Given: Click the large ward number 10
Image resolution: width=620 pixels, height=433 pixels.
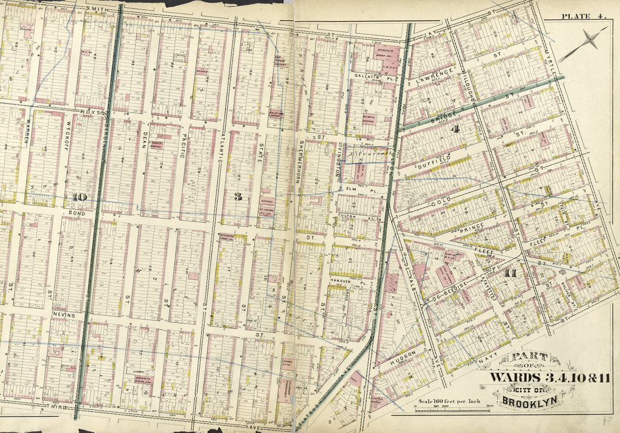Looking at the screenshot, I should [79, 197].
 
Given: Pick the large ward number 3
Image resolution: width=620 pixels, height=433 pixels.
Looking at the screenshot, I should [238, 196].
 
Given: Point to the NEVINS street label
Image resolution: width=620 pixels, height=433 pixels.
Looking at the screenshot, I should [63, 315].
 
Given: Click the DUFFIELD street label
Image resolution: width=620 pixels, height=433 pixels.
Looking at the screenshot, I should [435, 160].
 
